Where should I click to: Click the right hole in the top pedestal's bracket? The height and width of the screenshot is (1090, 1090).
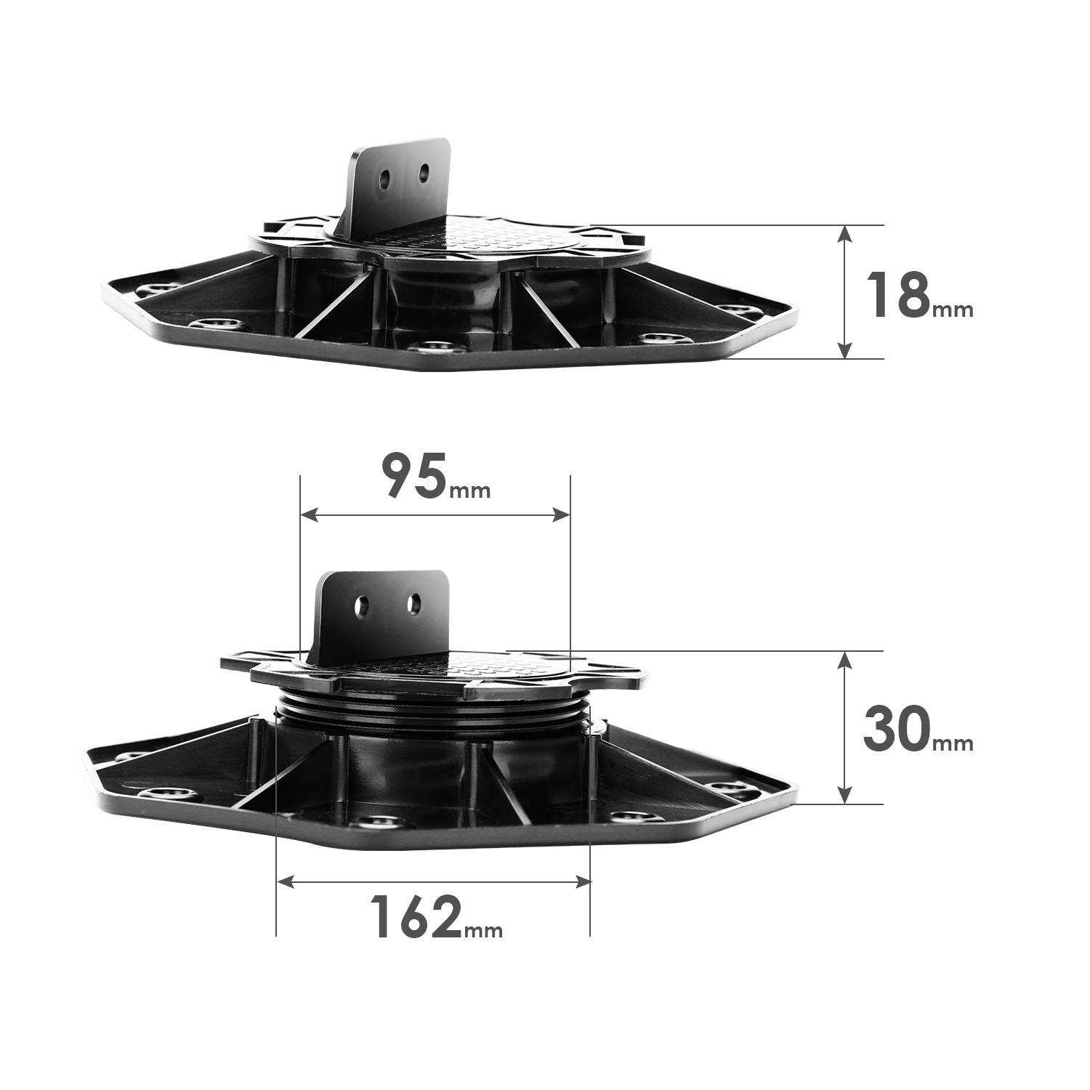point(424,174)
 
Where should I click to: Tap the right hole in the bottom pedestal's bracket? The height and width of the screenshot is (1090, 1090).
point(413,602)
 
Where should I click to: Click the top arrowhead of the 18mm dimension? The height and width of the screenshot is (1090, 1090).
point(844,233)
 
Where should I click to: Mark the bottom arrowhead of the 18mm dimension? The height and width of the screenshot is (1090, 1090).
point(844,351)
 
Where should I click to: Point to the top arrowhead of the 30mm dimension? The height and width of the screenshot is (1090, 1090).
point(844,658)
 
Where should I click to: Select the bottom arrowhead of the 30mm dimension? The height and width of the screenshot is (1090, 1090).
point(844,796)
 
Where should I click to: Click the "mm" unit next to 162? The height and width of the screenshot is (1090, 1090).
point(483,929)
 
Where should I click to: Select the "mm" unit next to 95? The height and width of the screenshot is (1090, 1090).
point(470,490)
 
